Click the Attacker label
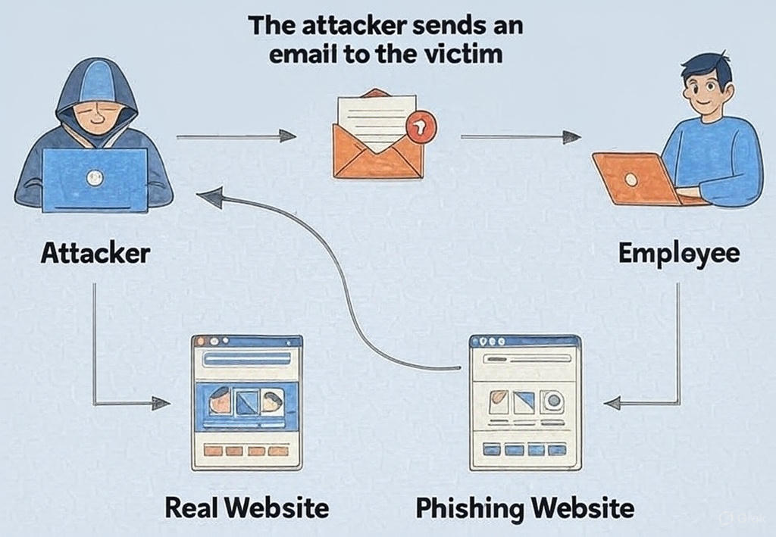pos(95,253)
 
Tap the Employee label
pos(678,253)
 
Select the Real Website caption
pos(247,507)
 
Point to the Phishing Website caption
pos(524,507)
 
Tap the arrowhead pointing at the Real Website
pos(161,404)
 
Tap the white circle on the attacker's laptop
pos(94,179)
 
